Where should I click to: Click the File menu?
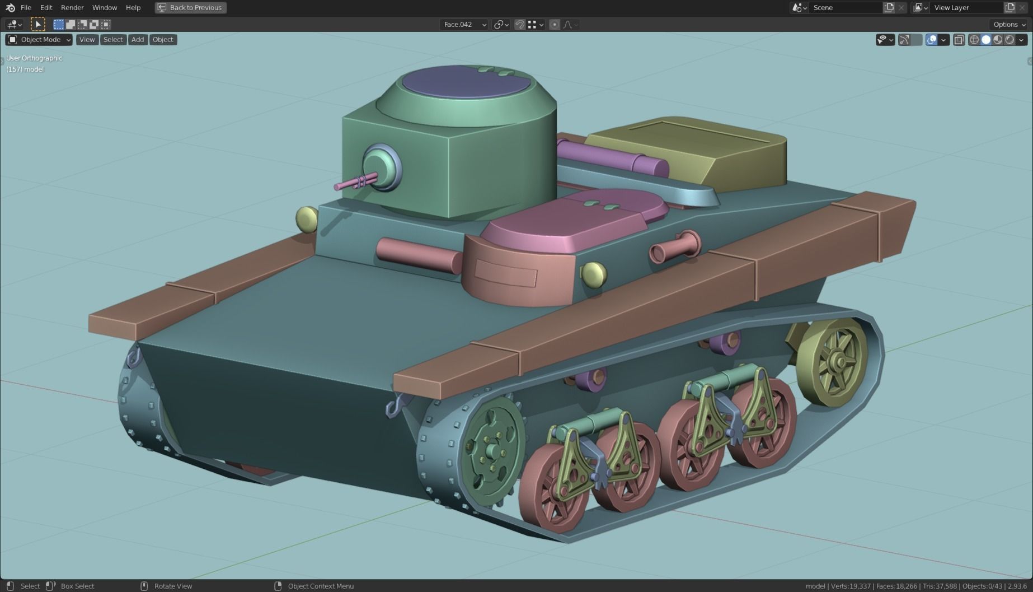pos(26,8)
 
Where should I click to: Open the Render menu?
pos(72,8)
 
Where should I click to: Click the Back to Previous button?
pos(191,8)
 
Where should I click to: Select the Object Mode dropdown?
pos(39,40)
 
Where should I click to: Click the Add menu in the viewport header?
pos(138,40)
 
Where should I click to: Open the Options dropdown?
pos(1009,25)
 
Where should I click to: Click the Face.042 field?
pos(463,25)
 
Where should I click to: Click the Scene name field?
pos(845,8)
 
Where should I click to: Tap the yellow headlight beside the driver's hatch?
pos(593,274)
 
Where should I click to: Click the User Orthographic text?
pos(34,58)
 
